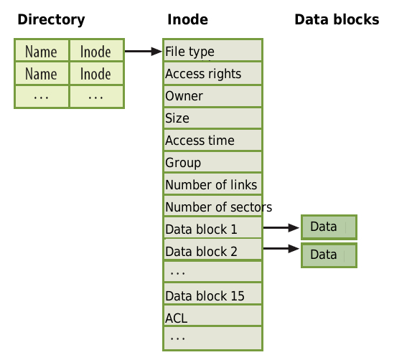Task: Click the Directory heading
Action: (x=51, y=20)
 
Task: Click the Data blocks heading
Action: (x=337, y=19)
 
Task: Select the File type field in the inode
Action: (x=213, y=50)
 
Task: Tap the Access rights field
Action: (x=213, y=73)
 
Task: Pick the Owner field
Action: (x=213, y=96)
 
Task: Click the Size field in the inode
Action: (x=213, y=118)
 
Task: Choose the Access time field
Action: (x=213, y=140)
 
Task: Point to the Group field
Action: (x=213, y=162)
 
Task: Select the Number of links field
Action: (x=213, y=184)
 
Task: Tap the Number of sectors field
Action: (x=213, y=206)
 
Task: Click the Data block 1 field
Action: (x=213, y=228)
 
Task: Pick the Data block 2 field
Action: (x=213, y=250)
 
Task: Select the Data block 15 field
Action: (x=213, y=294)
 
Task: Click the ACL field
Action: (x=213, y=316)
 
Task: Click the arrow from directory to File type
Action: (x=144, y=51)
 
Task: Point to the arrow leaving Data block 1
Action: (x=281, y=227)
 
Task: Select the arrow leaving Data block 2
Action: (x=281, y=248)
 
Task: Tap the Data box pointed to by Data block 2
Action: (x=329, y=255)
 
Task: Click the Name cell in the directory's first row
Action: (x=42, y=50)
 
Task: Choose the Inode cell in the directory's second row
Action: (x=96, y=74)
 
